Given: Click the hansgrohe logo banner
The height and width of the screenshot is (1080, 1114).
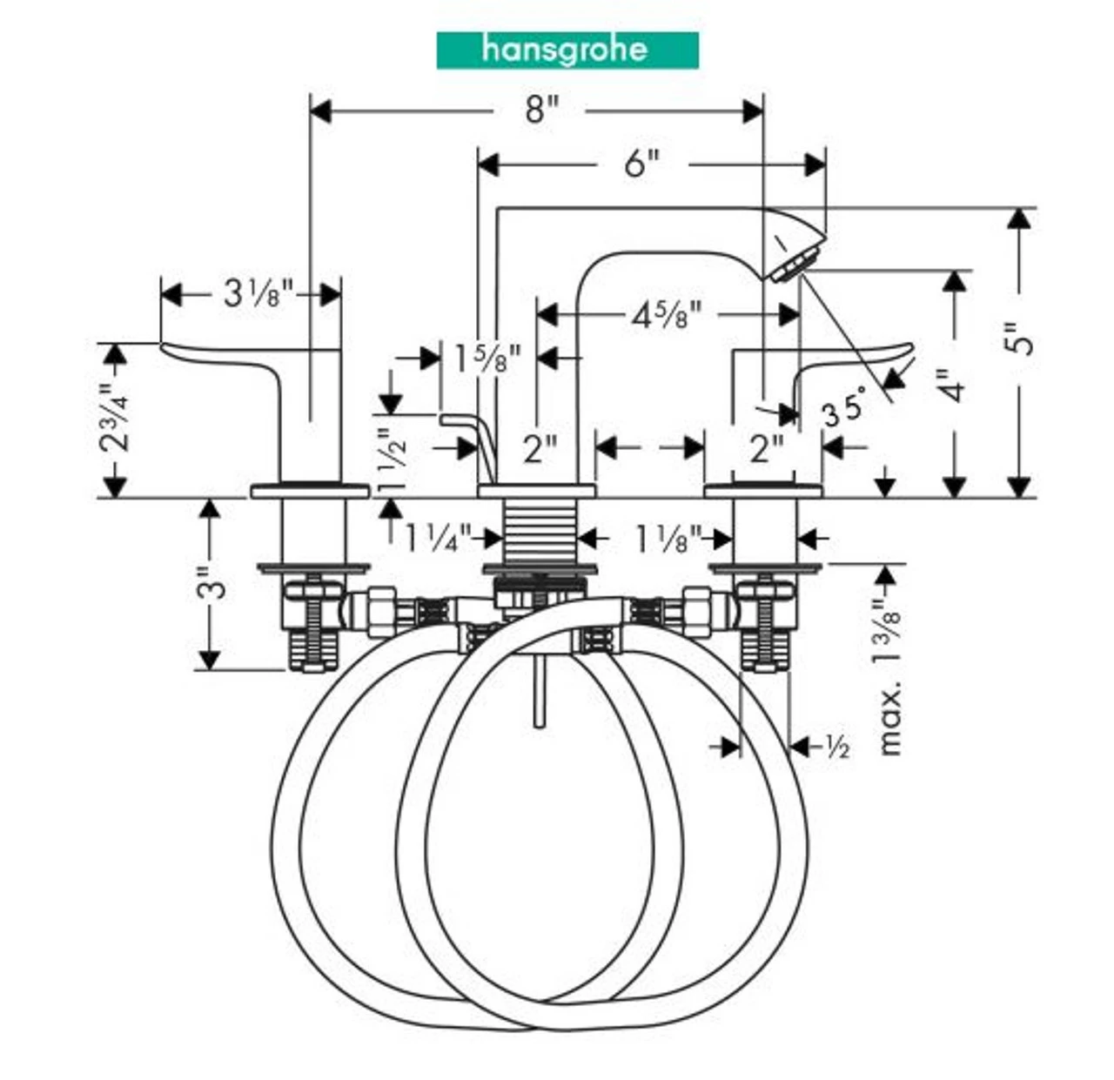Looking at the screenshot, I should [567, 50].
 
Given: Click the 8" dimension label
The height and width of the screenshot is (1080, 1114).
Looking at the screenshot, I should [540, 111].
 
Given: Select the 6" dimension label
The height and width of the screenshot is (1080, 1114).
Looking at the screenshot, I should [641, 163].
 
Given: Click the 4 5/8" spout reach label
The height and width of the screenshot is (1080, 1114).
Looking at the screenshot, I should [666, 314].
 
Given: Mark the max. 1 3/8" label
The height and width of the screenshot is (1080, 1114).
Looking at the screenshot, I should [888, 678].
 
